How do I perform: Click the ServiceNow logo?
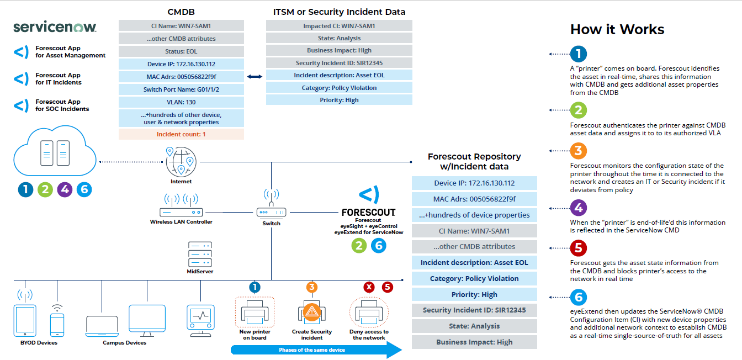pyautogui.click(x=55, y=28)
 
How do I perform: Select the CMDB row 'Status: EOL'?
pyautogui.click(x=181, y=51)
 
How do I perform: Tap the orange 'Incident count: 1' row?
pyautogui.click(x=181, y=134)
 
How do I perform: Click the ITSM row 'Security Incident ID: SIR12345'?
pyautogui.click(x=339, y=63)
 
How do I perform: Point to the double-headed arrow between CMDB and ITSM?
pyautogui.click(x=255, y=77)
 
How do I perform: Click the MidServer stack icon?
pyautogui.click(x=199, y=254)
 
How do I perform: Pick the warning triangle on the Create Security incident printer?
pyautogui.click(x=312, y=311)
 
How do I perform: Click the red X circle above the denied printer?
pyautogui.click(x=369, y=287)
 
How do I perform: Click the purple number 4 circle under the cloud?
pyautogui.click(x=65, y=189)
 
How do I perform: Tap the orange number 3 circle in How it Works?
pyautogui.click(x=578, y=151)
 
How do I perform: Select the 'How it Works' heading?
pyautogui.click(x=617, y=29)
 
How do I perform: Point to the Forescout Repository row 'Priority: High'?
pyautogui.click(x=474, y=294)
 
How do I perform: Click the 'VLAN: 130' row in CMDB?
pyautogui.click(x=181, y=102)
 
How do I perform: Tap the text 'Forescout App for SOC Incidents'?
pyautogui.click(x=62, y=105)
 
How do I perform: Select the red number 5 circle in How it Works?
pyautogui.click(x=578, y=248)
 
